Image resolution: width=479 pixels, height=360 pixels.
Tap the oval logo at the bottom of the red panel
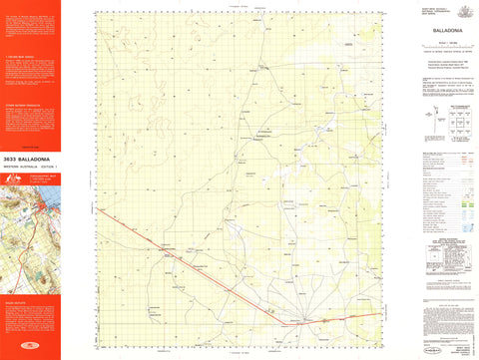(x=31, y=347)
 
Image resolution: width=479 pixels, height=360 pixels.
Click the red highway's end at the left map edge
(x=99, y=208)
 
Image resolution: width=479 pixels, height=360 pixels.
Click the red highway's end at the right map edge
(x=379, y=312)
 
